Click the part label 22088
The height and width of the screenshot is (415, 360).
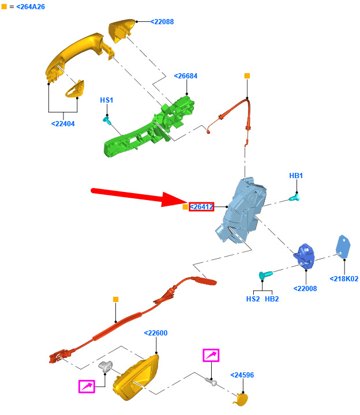pos(162,22)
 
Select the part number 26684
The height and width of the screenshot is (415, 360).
pos(186,76)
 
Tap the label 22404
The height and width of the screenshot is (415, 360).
pos(63,123)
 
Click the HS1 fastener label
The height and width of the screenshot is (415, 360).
pos(107,100)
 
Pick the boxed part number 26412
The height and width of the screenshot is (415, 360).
pos(201,207)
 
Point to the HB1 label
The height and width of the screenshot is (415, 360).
pos(296,175)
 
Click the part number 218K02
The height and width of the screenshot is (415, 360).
pos(344,279)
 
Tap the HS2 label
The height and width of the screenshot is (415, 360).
pos(253,299)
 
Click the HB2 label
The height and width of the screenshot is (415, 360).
pos(272,299)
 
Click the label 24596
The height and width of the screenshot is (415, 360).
pos(242,375)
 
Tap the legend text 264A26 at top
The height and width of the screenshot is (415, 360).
pos(27,6)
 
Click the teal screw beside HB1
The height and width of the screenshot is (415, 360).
pos(295,198)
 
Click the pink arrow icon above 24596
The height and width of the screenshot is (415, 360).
pos(211,356)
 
